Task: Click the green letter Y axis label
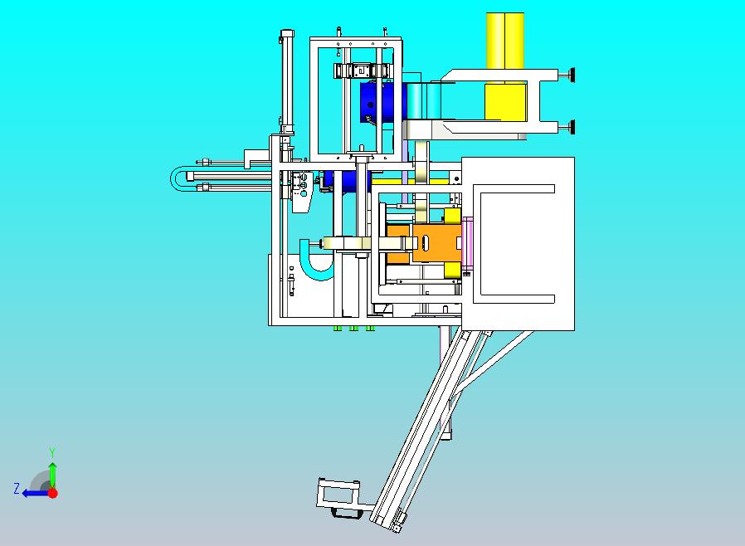[52, 452]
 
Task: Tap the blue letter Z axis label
[17, 488]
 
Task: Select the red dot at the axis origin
[53, 493]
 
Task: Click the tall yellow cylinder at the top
[505, 41]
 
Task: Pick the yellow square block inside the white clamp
[505, 102]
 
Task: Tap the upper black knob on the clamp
[569, 75]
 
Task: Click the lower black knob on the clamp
[569, 127]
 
